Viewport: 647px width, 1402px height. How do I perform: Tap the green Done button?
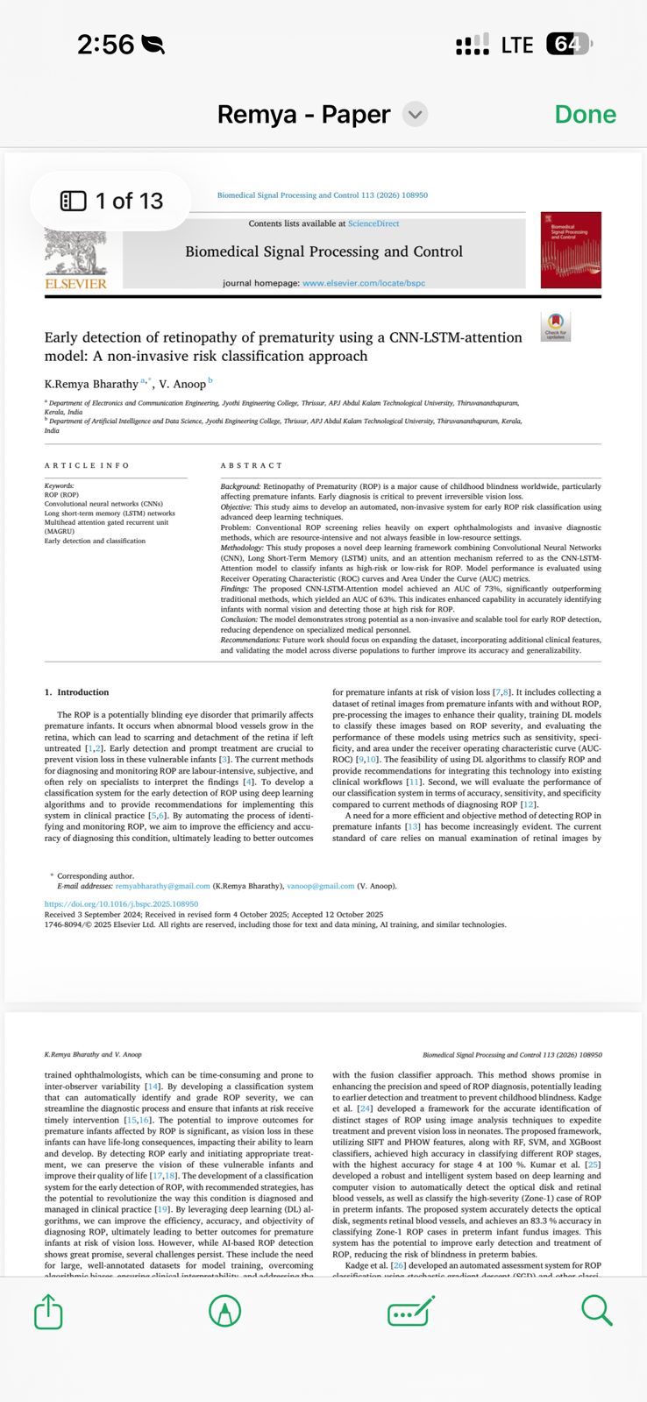pos(585,114)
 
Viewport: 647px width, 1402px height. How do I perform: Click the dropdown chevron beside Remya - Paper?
pos(415,114)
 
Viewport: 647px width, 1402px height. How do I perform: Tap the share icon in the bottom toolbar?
pos(49,1311)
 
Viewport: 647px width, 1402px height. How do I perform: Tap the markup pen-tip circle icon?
pos(225,1311)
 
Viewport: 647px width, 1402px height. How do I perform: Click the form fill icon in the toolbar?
pos(410,1311)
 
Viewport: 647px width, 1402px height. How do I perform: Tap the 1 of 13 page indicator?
pos(111,202)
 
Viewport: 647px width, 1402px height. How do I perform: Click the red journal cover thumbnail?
pos(571,250)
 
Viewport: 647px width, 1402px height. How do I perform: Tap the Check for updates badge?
pos(556,326)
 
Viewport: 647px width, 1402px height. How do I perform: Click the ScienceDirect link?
pos(373,223)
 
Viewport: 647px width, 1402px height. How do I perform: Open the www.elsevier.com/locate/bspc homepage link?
pos(363,283)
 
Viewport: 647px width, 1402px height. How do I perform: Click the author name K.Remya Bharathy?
pos(91,384)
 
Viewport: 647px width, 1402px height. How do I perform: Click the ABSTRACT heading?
pos(252,465)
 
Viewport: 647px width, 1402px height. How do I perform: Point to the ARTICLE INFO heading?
pos(87,465)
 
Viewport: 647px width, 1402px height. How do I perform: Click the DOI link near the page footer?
pos(121,903)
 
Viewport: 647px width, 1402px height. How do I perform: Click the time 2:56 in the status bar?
pos(105,44)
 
